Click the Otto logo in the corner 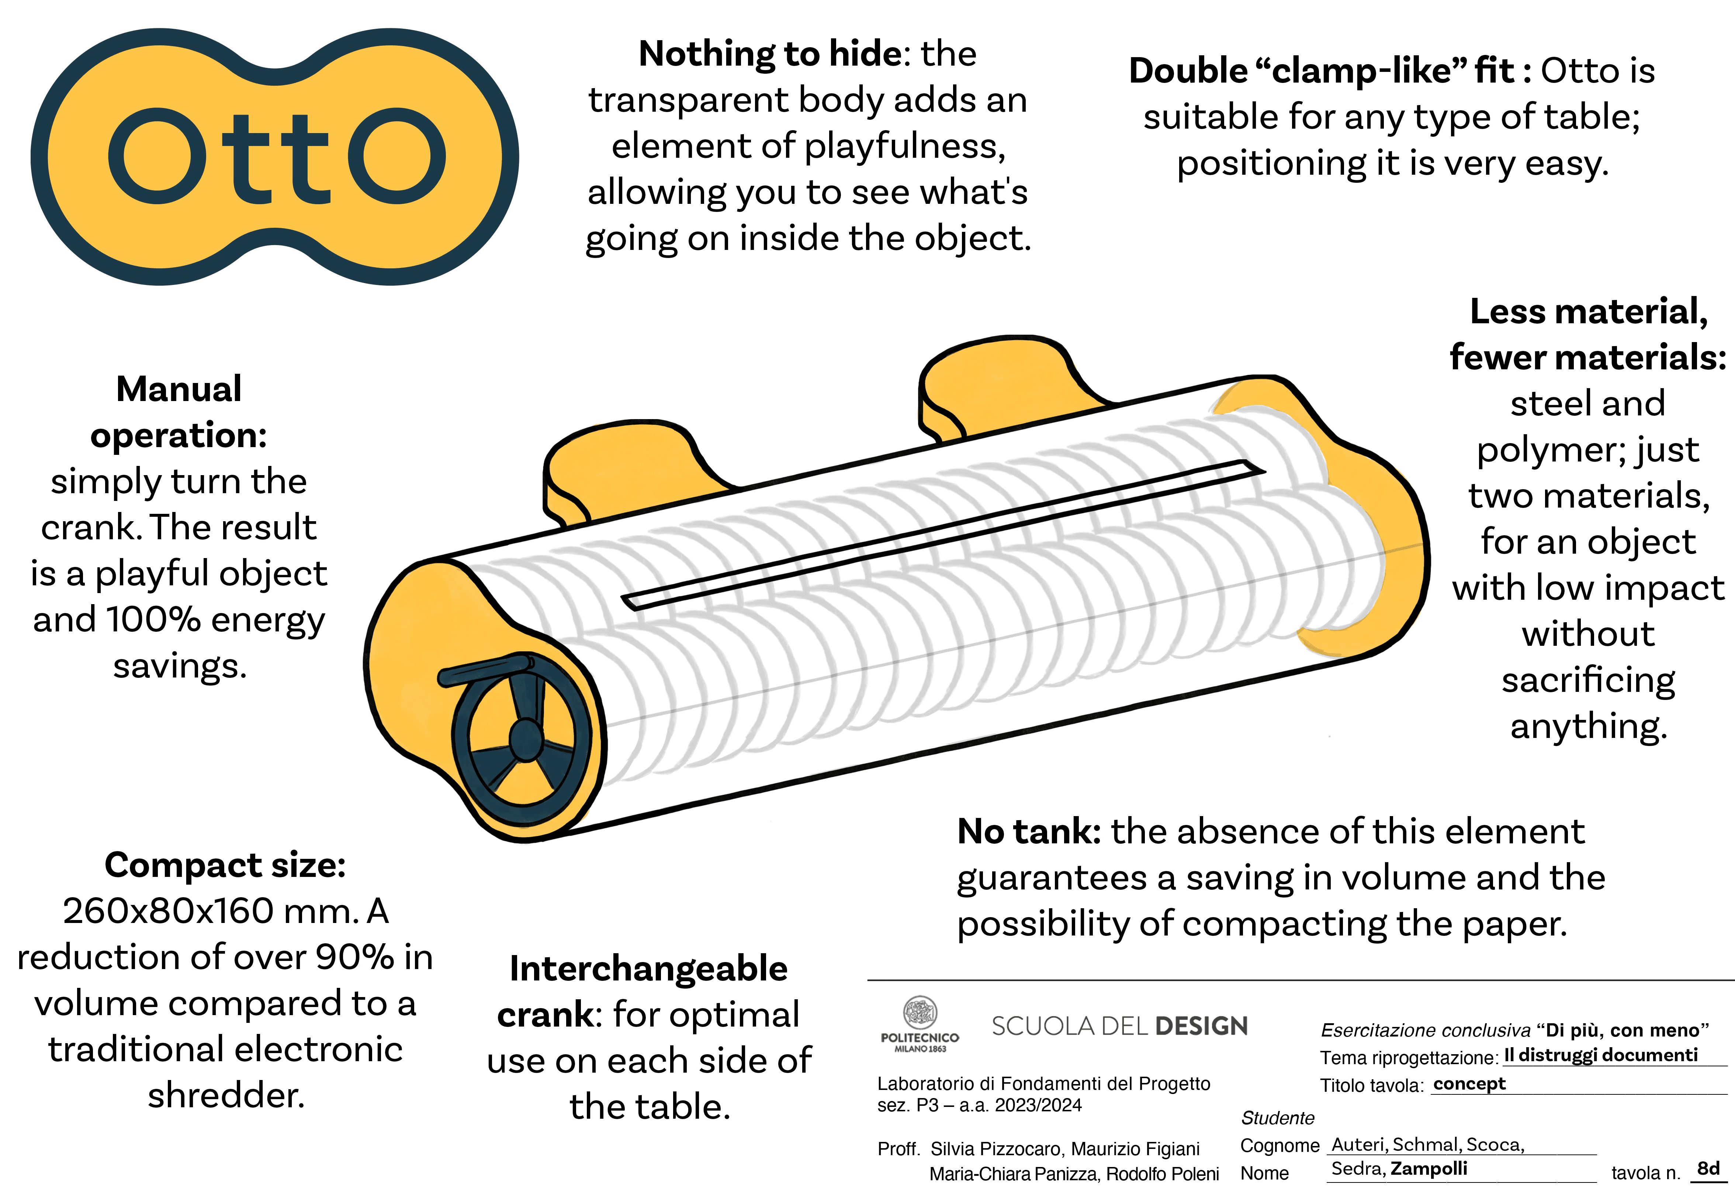click(x=275, y=157)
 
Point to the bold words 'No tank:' click(x=1029, y=831)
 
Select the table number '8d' click(x=1708, y=1168)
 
